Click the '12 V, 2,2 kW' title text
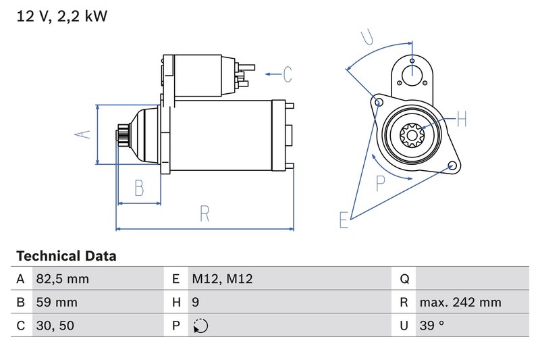61,17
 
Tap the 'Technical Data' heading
66,256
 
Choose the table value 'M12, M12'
222,279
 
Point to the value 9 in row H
196,303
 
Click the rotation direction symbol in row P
200,326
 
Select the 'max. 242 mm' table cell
460,303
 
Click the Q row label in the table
405,279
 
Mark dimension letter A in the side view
82,134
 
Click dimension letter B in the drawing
139,188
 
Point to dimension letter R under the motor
205,214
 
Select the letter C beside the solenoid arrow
287,74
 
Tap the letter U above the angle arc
366,37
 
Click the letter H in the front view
461,120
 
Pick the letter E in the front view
344,220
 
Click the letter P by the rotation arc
381,183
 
